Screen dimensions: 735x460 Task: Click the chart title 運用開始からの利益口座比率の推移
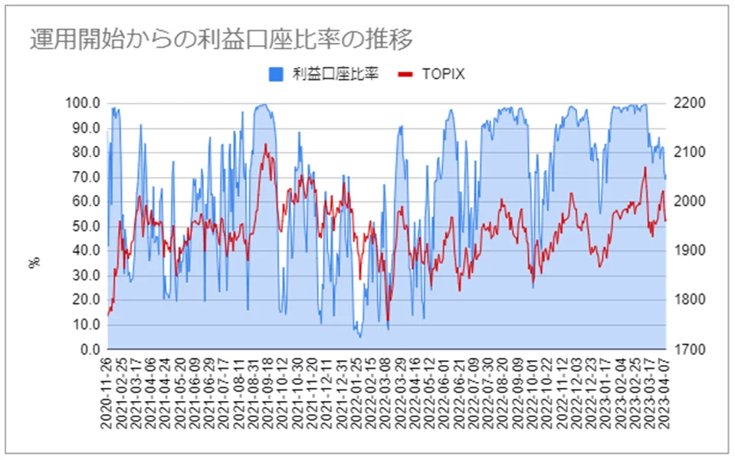221,39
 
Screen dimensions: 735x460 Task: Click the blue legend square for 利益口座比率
276,74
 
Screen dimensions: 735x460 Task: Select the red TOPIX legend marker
405,74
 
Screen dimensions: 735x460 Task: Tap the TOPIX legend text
443,74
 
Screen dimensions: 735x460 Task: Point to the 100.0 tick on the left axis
83,103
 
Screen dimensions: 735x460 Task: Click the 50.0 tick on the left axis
87,226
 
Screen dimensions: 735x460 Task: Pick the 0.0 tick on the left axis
90,350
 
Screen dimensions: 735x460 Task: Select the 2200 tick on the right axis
689,103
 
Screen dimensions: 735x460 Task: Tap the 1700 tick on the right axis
689,350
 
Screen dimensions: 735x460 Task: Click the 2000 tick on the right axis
689,201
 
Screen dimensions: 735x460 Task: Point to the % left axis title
34,262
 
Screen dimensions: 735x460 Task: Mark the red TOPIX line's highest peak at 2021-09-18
265,144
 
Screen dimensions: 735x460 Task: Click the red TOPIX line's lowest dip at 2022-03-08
388,320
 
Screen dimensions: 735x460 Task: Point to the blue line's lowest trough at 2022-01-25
360,337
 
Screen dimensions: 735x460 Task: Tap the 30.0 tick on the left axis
87,275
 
